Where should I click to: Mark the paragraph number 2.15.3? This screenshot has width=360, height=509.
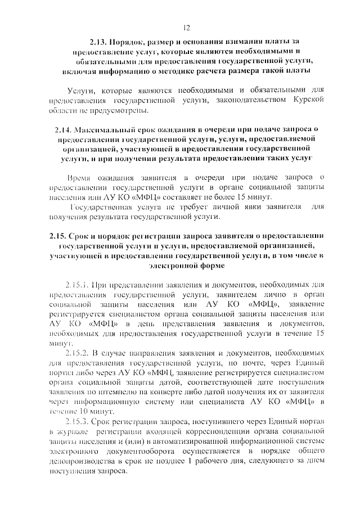click(76, 421)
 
